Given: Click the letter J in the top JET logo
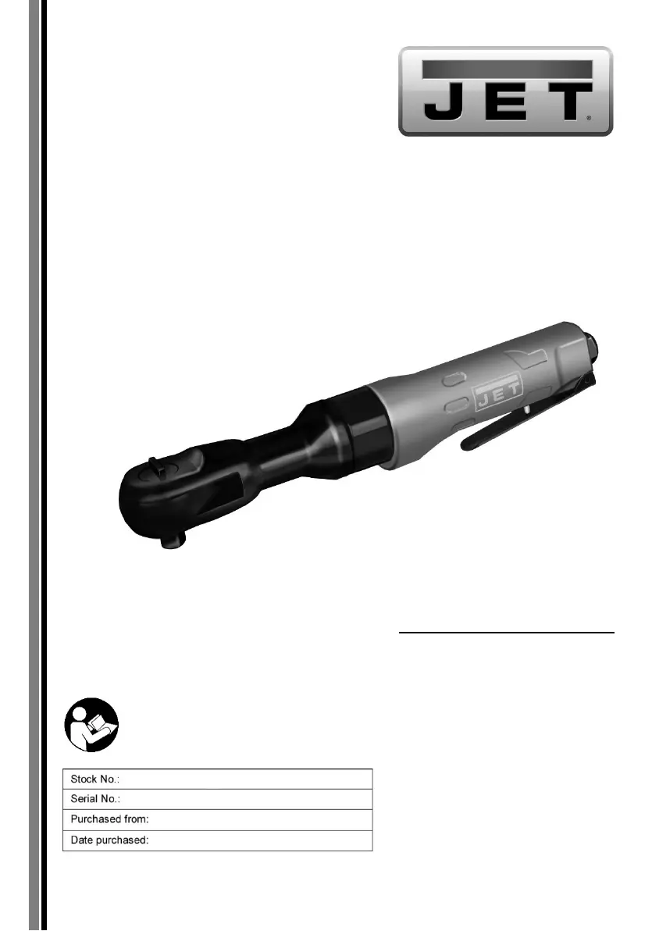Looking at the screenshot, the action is point(443,102).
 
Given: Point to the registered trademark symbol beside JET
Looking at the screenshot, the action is point(589,118).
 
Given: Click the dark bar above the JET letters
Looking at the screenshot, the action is point(508,69).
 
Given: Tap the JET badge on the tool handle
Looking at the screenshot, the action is point(497,392).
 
